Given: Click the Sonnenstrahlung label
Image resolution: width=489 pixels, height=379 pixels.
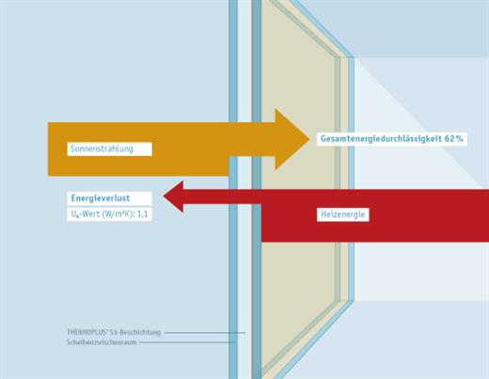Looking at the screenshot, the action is tap(102, 149).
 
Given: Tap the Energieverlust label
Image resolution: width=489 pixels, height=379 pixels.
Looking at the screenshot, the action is tap(101, 198).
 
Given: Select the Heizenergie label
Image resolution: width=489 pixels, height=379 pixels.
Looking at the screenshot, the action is tap(342, 214).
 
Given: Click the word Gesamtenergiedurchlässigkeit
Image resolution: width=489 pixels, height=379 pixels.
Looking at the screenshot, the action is tap(381, 139).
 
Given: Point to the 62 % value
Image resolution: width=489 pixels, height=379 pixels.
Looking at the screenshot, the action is tap(454, 138).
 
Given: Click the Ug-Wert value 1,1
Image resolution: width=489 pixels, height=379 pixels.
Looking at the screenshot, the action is tap(143, 214).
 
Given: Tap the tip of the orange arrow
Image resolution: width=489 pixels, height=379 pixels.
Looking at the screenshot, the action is tap(308, 139).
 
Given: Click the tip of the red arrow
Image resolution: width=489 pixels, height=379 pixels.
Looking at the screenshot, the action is tap(164, 197).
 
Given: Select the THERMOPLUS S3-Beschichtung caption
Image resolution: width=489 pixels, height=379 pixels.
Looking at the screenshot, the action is tap(114, 332).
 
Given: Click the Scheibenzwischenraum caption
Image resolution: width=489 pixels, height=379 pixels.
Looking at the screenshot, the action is tap(102, 342).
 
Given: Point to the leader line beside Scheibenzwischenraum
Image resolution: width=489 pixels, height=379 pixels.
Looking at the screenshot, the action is tap(187, 342).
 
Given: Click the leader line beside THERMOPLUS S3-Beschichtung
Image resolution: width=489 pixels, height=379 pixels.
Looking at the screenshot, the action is tap(205, 332).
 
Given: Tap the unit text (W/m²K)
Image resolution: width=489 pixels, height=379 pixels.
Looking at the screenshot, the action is tap(118, 214).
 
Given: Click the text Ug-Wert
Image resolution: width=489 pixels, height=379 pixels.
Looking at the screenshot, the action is tap(86, 214).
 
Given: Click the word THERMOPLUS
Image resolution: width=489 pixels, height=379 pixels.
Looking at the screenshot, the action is tap(86, 332).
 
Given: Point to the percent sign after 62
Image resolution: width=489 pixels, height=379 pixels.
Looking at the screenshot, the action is tap(460, 138).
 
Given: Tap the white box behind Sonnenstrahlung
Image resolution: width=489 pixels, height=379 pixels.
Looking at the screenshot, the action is tap(110, 149).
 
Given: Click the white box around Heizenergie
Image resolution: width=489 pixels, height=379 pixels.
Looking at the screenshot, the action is tap(343, 214).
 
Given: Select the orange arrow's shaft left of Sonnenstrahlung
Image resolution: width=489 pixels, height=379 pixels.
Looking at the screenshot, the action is tap(57, 150).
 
